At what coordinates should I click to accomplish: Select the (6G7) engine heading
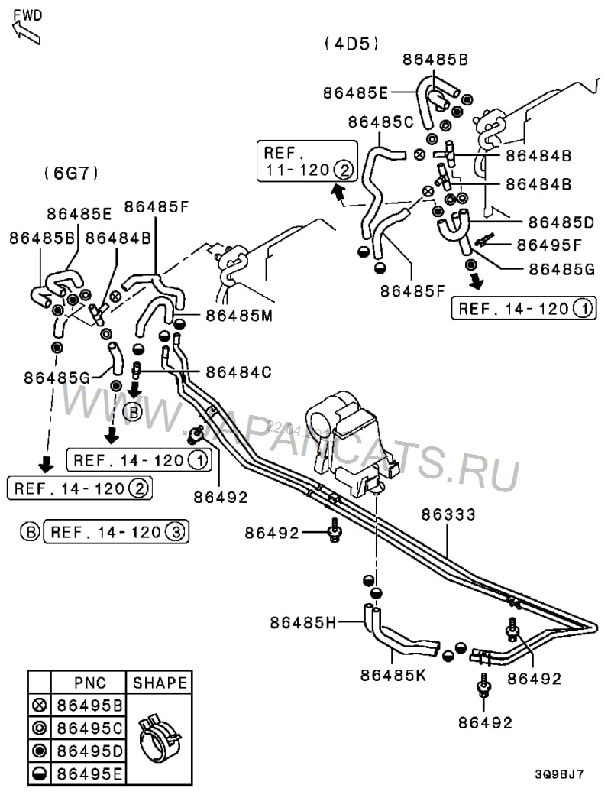tap(71, 173)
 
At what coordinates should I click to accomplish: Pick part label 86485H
tap(302, 622)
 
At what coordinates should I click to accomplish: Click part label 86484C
tap(240, 371)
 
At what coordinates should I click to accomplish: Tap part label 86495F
tap(549, 245)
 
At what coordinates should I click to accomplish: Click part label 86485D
tap(561, 222)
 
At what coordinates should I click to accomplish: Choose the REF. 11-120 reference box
tap(306, 161)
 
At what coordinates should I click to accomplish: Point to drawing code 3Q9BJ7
tap(559, 774)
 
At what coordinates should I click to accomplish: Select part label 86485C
tap(380, 122)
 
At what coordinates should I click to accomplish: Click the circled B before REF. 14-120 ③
tap(30, 531)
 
